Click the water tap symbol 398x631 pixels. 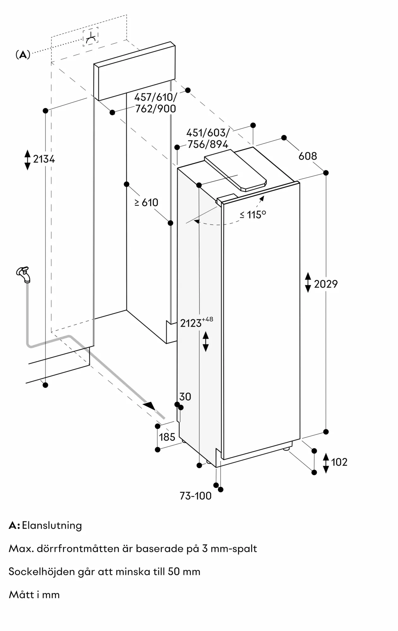pos(24,274)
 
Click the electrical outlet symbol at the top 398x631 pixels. pos(91,37)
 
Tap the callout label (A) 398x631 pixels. pos(23,55)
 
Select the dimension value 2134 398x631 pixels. pos(44,159)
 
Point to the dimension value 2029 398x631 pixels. pos(326,284)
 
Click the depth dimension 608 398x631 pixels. pos(308,156)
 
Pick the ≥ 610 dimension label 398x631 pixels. pos(146,202)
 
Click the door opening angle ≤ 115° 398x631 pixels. pos(253,215)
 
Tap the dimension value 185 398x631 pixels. pos(167,437)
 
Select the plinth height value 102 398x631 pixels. pos(339,462)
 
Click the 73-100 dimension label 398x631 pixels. pos(196,496)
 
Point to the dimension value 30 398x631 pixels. pos(185,397)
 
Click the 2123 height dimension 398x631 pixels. pos(191,323)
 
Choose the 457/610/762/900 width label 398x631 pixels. pos(155,103)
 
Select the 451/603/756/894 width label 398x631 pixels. pos(208,139)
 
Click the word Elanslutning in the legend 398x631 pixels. pos(52,525)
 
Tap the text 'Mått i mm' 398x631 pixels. pos(34,595)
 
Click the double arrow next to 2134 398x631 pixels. pos(27,160)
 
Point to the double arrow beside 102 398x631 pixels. pos(326,463)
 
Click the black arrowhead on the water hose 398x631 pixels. pos(149,406)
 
